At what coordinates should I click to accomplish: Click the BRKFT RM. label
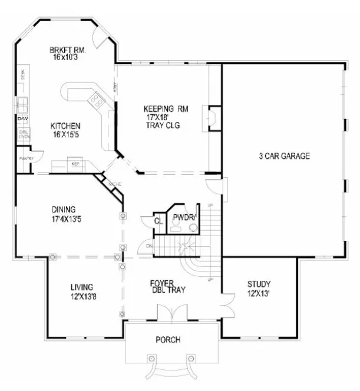pos(69,51)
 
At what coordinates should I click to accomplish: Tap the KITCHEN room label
pos(65,126)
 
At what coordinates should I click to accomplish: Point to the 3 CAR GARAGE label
pos(284,156)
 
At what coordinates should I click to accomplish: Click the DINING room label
pos(64,209)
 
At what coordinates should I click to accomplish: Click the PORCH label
pos(168,340)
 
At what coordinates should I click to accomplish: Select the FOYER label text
pos(161,282)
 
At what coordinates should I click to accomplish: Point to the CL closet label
pos(158,221)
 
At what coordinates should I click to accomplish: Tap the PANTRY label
pos(26,159)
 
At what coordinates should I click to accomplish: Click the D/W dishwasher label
pos(22,120)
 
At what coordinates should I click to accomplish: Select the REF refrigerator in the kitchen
pos(75,164)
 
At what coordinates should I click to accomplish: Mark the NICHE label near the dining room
pos(115,185)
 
